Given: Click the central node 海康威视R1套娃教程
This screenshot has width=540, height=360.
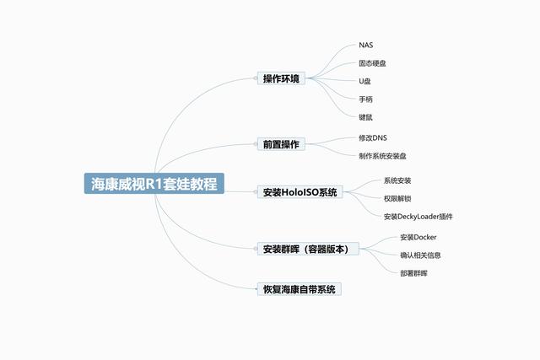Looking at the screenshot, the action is pyautogui.click(x=154, y=184).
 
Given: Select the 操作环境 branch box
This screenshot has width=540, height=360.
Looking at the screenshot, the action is pyautogui.click(x=281, y=78).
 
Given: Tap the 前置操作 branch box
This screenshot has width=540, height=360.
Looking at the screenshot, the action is pyautogui.click(x=281, y=144).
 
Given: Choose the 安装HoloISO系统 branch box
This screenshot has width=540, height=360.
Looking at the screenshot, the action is pyautogui.click(x=300, y=192).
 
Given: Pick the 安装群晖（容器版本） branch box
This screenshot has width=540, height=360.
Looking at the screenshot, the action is pyautogui.click(x=308, y=249).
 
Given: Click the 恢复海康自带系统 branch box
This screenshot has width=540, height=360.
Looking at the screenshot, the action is pyautogui.click(x=300, y=289).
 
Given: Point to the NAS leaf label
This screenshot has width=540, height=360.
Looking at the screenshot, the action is pyautogui.click(x=365, y=45).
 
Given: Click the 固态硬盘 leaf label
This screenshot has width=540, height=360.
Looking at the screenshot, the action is pyautogui.click(x=372, y=63).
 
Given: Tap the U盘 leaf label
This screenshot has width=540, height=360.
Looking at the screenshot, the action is pyautogui.click(x=364, y=81).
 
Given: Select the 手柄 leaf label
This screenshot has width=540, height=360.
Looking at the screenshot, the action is pyautogui.click(x=365, y=99).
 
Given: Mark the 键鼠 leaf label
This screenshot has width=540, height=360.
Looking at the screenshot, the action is pyautogui.click(x=365, y=117).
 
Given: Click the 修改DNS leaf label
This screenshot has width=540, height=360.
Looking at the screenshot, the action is pyautogui.click(x=373, y=138).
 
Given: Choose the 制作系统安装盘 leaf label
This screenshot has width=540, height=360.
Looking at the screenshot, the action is pyautogui.click(x=382, y=156).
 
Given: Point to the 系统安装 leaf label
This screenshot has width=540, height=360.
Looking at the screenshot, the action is pyautogui.click(x=397, y=180).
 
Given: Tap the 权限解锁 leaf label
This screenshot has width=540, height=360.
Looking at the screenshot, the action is pyautogui.click(x=397, y=199).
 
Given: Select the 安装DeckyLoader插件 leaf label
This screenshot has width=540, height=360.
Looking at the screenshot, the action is pyautogui.click(x=418, y=217).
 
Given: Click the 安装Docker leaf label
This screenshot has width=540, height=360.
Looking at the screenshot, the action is pyautogui.click(x=418, y=237).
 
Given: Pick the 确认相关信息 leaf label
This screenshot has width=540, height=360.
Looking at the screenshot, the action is pyautogui.click(x=420, y=255).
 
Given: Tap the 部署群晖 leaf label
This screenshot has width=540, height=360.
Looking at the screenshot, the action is pyautogui.click(x=413, y=273).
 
